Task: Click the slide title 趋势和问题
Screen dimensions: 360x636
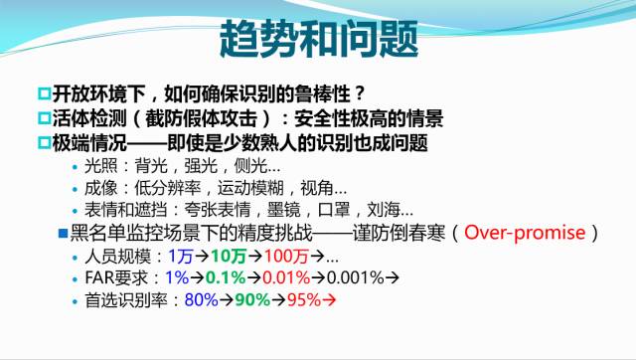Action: click(x=318, y=41)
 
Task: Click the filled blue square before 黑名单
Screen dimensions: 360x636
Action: click(x=62, y=233)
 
